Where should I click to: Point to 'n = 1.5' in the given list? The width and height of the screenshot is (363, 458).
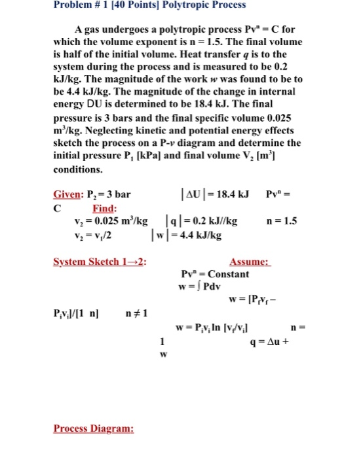coord(282,222)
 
